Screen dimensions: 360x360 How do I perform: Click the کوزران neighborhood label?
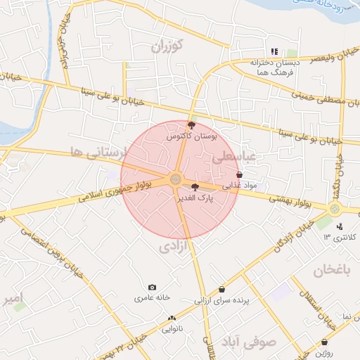[167, 48]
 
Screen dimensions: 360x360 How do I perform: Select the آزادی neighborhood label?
[175, 246]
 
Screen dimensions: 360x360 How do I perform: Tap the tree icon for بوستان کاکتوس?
[192, 125]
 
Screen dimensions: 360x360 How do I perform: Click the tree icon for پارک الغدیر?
[195, 187]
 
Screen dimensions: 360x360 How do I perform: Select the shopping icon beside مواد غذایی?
[240, 174]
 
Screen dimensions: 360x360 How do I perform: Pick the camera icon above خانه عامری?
[152, 287]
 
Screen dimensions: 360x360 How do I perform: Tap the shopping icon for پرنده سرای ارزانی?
[222, 289]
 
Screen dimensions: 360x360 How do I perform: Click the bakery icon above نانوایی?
[172, 319]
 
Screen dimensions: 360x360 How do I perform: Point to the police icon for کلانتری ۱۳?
[340, 226]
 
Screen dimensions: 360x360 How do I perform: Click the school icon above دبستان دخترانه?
[275, 51]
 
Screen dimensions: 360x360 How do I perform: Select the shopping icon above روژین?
[324, 342]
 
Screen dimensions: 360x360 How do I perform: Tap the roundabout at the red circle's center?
[175, 179]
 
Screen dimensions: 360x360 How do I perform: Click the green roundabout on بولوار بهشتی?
[334, 208]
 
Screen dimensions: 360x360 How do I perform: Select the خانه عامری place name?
[153, 297]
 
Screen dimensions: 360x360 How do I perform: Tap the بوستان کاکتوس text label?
[192, 136]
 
